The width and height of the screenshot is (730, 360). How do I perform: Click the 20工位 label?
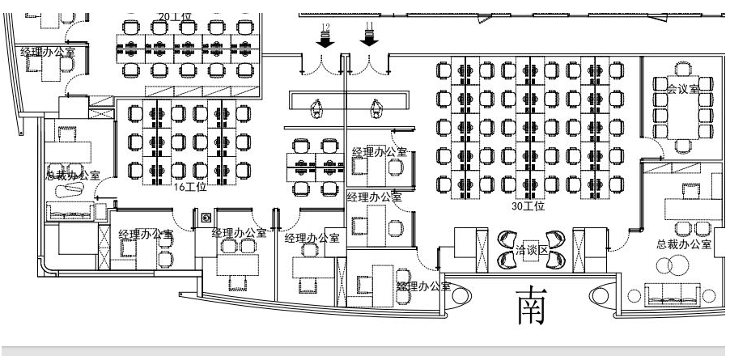(175, 15)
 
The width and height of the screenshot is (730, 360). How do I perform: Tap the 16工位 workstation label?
(191, 187)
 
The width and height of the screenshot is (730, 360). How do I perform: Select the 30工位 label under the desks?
(528, 206)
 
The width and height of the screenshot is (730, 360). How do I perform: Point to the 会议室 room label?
(689, 88)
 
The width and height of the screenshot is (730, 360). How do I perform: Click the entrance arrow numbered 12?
(325, 42)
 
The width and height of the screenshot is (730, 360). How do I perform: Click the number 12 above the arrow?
(325, 28)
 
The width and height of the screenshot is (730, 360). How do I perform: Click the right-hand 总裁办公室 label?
(684, 244)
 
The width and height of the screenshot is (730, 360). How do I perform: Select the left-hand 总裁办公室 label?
(73, 175)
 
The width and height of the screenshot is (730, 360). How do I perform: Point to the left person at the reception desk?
(317, 105)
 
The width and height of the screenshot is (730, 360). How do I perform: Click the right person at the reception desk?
(376, 105)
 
